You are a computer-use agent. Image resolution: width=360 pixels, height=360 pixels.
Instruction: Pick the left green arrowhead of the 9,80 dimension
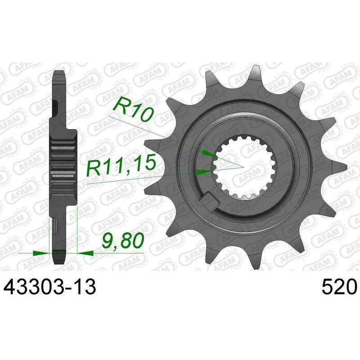[x=41, y=253]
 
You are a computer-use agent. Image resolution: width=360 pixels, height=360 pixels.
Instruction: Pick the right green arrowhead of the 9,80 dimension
[x=85, y=253]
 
